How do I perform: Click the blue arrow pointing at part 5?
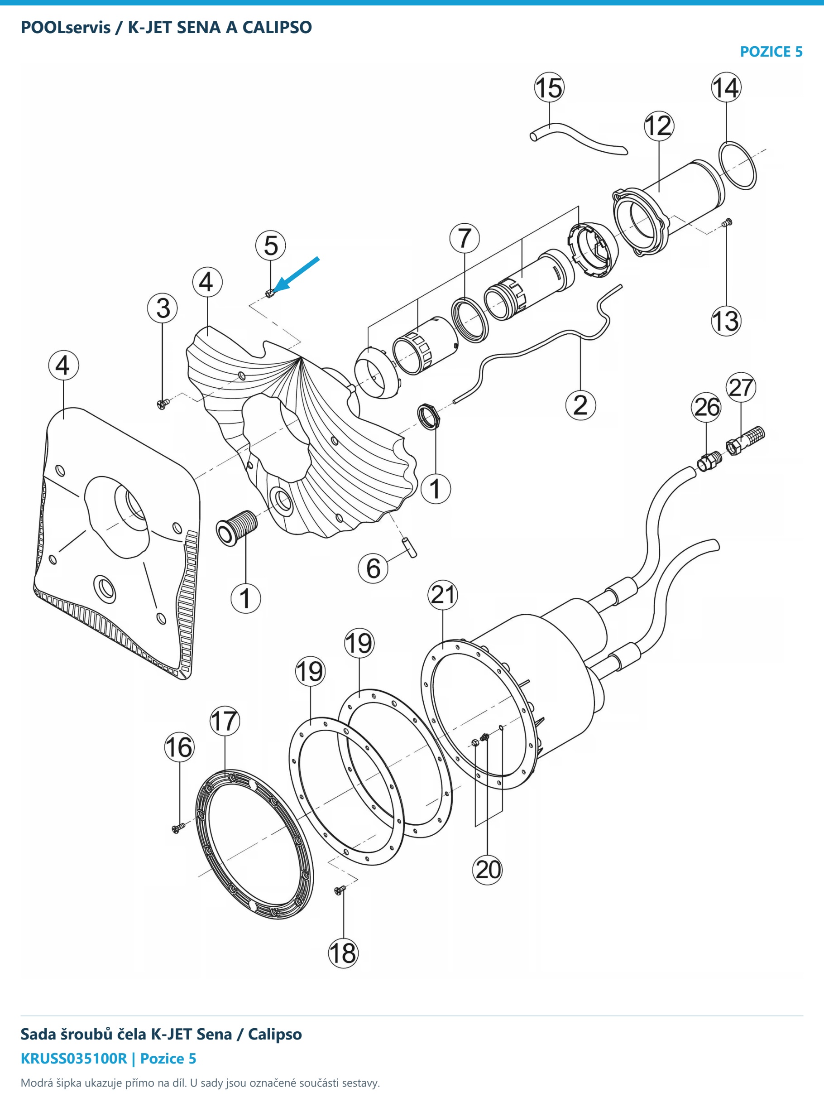(297, 274)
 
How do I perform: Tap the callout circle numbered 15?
(549, 88)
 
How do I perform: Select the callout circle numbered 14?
(726, 87)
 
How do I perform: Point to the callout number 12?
(659, 126)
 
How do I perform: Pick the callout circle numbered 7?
(465, 238)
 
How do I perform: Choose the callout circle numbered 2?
(580, 404)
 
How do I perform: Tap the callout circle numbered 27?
(741, 388)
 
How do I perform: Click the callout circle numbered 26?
(706, 407)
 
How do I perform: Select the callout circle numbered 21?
(443, 595)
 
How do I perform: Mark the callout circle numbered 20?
(488, 870)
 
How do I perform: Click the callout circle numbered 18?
(344, 953)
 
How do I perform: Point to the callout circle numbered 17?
(225, 722)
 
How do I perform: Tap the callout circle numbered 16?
(180, 747)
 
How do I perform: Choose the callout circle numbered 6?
(374, 568)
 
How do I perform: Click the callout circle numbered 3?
(163, 308)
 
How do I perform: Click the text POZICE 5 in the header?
(771, 52)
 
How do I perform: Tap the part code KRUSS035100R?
(74, 1059)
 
